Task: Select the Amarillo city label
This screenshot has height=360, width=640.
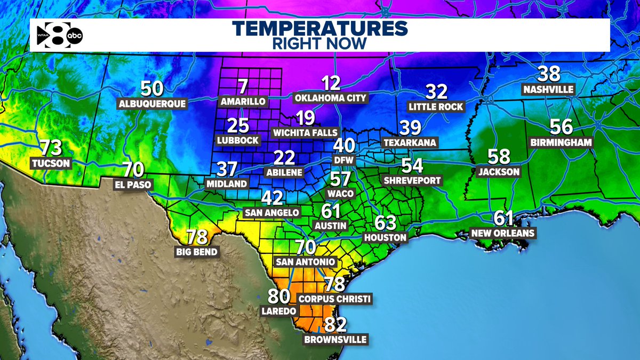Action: (243, 101)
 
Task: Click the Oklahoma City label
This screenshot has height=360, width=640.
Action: (331, 98)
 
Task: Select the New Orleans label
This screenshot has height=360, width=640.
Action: (503, 233)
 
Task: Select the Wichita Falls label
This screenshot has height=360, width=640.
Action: (305, 132)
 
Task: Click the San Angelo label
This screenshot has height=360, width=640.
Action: (271, 212)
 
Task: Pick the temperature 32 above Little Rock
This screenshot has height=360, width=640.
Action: (436, 92)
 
